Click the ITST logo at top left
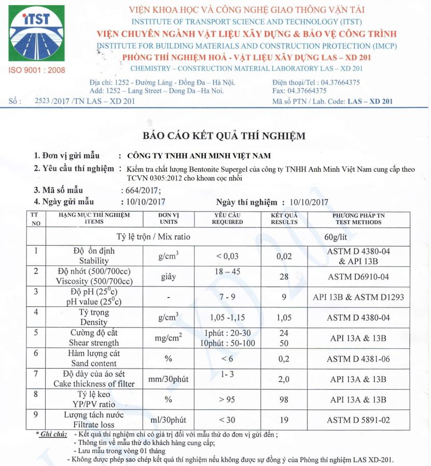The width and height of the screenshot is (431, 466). click(x=37, y=34)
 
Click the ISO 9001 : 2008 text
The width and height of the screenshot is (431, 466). click(x=37, y=70)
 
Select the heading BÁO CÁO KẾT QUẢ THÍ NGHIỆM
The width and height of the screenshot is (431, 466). click(x=224, y=136)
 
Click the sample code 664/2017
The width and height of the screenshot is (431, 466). click(x=141, y=190)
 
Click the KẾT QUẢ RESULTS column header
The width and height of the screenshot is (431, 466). click(x=284, y=218)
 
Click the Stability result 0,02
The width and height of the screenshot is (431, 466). click(x=284, y=256)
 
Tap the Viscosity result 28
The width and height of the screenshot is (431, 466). click(x=284, y=277)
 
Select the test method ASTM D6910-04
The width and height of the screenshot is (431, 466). click(x=358, y=277)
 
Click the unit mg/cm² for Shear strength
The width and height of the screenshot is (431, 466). click(x=169, y=338)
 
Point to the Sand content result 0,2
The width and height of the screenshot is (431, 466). click(x=284, y=358)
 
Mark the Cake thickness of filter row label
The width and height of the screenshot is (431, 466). click(x=94, y=379)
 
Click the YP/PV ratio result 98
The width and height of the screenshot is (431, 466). click(x=284, y=399)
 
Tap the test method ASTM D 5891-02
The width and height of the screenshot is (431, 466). click(x=358, y=420)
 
